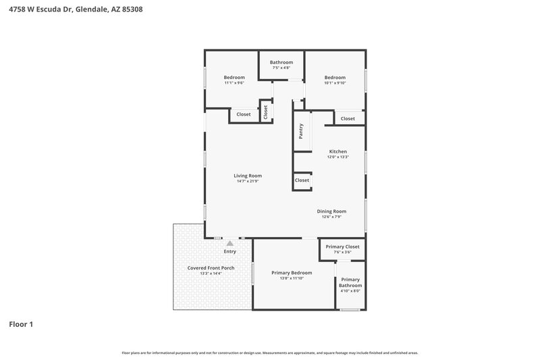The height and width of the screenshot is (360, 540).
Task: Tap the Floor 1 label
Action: click(21, 324)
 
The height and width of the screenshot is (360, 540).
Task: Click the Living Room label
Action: click(248, 176)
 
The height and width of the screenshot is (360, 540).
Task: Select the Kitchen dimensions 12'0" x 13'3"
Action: click(337, 157)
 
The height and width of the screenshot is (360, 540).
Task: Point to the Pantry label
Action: click(301, 131)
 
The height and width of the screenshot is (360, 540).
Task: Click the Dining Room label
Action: click(331, 211)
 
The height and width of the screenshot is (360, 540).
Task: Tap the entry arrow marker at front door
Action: click(230, 242)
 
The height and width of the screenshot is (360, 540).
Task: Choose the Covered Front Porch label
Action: click(211, 268)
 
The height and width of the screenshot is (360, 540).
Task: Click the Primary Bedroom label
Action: click(292, 273)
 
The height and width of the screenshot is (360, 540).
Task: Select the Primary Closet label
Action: click(342, 247)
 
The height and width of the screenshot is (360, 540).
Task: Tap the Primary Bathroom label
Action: click(350, 282)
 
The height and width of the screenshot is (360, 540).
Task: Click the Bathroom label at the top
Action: click(281, 62)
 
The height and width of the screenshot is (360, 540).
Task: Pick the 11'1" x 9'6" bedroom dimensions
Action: click(234, 83)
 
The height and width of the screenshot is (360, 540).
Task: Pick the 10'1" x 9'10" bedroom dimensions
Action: click(335, 83)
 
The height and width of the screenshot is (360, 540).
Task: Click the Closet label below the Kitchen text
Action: click(302, 180)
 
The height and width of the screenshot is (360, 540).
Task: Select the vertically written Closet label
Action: click(265, 111)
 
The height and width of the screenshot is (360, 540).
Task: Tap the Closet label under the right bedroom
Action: click(348, 119)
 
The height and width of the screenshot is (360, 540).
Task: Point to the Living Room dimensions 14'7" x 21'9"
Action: click(248, 181)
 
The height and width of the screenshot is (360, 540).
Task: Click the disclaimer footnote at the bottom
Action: click(269, 353)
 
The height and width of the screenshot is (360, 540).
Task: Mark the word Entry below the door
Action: click(230, 251)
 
